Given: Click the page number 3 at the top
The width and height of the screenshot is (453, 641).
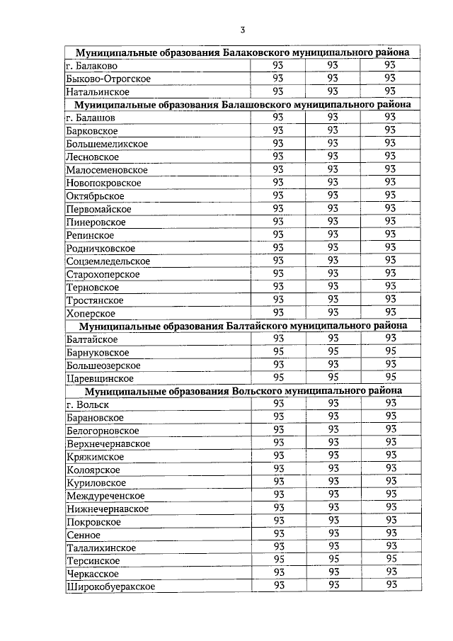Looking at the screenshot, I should pos(242,30).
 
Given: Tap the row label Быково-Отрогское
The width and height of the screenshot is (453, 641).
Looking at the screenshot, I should pos(108,79).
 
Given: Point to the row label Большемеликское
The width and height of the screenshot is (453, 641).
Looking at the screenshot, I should pos(106,144).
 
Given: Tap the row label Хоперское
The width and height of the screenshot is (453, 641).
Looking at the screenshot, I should pos(89,313).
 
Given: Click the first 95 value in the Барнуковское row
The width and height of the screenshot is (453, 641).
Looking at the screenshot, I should pos(278,351).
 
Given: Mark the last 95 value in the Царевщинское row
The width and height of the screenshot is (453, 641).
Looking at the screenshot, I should pos(388,378).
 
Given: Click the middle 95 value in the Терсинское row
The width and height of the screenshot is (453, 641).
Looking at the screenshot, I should pos(333,559).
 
